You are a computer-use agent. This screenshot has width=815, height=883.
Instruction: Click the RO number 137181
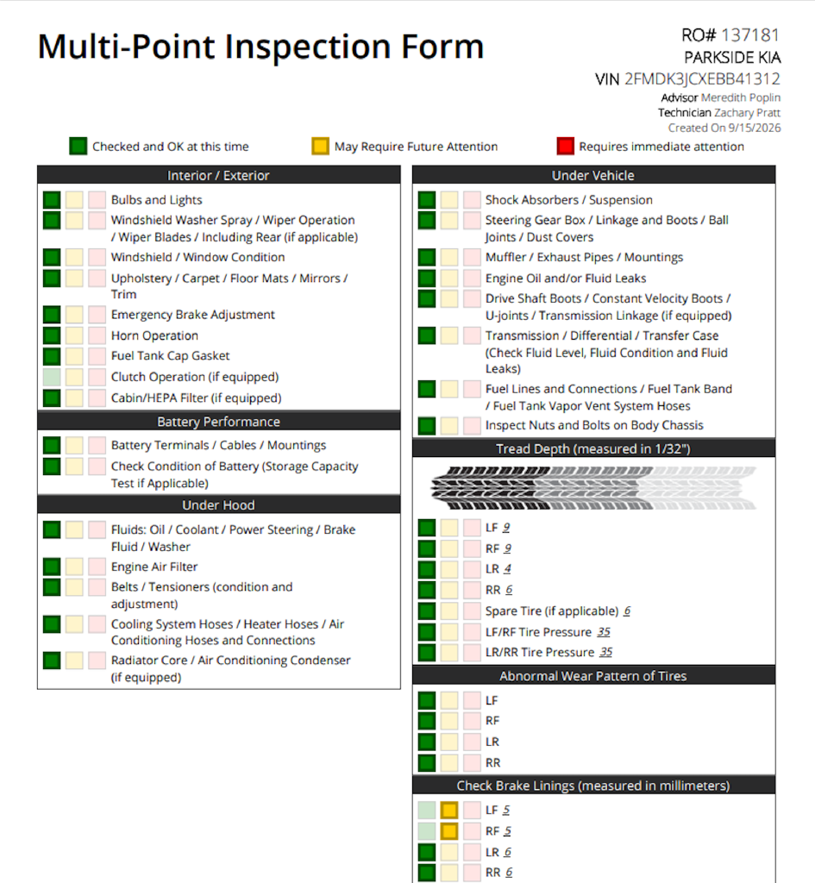pyautogui.click(x=750, y=35)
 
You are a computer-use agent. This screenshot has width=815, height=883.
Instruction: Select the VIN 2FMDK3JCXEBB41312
pyautogui.click(x=702, y=78)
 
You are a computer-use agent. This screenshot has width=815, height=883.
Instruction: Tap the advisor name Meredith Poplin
pyautogui.click(x=741, y=97)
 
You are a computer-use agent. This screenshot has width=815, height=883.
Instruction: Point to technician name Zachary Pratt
pyautogui.click(x=748, y=113)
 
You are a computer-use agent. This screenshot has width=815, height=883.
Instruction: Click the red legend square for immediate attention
pyautogui.click(x=566, y=147)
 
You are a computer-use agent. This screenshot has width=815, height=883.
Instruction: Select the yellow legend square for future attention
pyautogui.click(x=321, y=147)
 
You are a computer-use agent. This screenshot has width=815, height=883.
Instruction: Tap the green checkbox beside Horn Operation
pyautogui.click(x=52, y=335)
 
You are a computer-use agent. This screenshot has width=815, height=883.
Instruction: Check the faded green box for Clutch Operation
pyautogui.click(x=52, y=378)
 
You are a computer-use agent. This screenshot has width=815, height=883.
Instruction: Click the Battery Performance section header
pyautogui.click(x=218, y=421)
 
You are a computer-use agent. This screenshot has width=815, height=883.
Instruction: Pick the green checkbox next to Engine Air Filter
pyautogui.click(x=52, y=567)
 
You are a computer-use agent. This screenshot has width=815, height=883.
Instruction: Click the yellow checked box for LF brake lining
pyautogui.click(x=449, y=811)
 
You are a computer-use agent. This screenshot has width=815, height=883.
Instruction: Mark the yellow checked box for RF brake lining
pyautogui.click(x=449, y=831)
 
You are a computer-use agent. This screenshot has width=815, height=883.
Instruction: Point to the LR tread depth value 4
pyautogui.click(x=507, y=569)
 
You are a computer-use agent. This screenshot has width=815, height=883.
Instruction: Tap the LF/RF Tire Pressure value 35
pyautogui.click(x=604, y=632)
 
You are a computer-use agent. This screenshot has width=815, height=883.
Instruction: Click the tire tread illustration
pyautogui.click(x=593, y=488)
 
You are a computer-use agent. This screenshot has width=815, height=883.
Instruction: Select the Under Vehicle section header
pyautogui.click(x=593, y=175)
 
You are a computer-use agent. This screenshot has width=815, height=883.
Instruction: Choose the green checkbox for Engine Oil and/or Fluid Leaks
pyautogui.click(x=427, y=279)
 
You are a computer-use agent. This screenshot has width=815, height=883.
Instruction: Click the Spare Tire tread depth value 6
pyautogui.click(x=627, y=611)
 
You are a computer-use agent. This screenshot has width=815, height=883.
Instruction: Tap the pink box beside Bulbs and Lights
pyautogui.click(x=97, y=200)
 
